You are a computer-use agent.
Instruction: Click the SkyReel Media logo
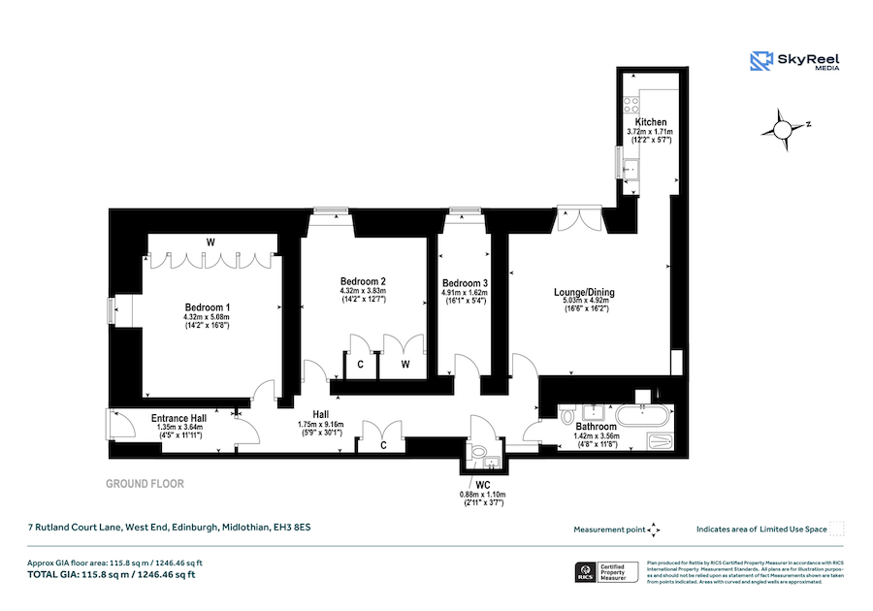pyautogui.click(x=794, y=61)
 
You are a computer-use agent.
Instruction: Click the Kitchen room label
pyautogui.click(x=651, y=121)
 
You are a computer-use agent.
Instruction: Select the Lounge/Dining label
pyautogui.click(x=584, y=292)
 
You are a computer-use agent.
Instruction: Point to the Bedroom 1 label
pyautogui.click(x=207, y=306)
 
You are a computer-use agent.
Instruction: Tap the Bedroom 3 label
pyautogui.click(x=465, y=282)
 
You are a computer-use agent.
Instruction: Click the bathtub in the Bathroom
pyautogui.click(x=642, y=417)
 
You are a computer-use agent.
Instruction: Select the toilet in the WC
pyautogui.click(x=478, y=452)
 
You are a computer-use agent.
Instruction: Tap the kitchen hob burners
pyautogui.click(x=631, y=101)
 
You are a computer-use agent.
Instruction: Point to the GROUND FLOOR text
pyautogui.click(x=145, y=483)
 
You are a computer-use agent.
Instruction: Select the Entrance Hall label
pyautogui.click(x=178, y=419)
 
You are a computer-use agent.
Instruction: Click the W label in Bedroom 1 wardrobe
pyautogui.click(x=210, y=241)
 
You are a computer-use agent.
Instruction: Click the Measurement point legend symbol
pyautogui.click(x=653, y=529)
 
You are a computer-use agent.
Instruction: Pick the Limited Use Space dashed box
pyautogui.click(x=838, y=529)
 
